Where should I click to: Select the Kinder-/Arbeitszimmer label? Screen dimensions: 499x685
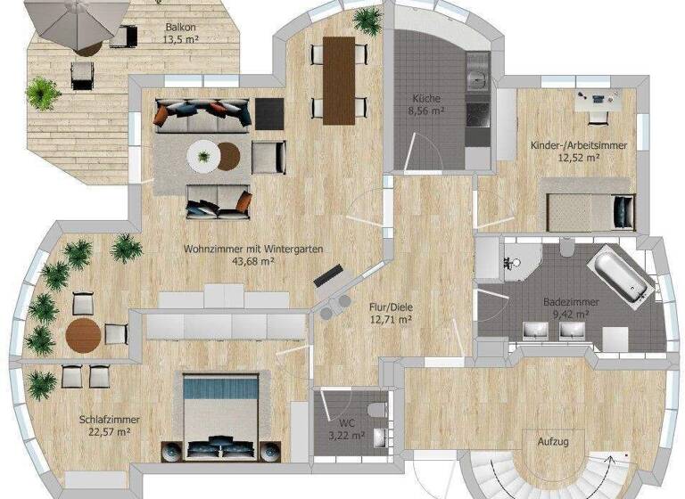[x=577, y=144]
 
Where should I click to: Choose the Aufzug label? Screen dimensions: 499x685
[x=553, y=441]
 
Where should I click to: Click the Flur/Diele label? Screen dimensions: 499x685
[x=390, y=306]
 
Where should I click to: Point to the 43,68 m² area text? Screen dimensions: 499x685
[x=252, y=261]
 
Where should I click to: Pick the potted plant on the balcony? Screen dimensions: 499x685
[x=42, y=92]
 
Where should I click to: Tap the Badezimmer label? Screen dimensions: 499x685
[x=571, y=302]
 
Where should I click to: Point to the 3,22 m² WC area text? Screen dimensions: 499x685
[x=345, y=436]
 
